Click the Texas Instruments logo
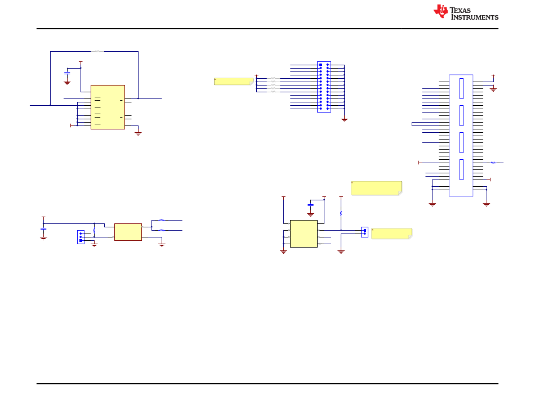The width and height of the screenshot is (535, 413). pyautogui.click(x=465, y=12)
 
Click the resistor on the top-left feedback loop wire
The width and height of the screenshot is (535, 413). pyautogui.click(x=98, y=51)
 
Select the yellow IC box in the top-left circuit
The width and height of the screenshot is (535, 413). pyautogui.click(x=108, y=107)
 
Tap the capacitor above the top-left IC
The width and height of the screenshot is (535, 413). pyautogui.click(x=67, y=73)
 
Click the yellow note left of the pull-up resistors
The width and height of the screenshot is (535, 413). pyautogui.click(x=233, y=81)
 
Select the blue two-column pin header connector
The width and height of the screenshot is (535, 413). pyautogui.click(x=324, y=87)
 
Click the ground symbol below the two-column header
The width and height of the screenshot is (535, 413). pyautogui.click(x=344, y=119)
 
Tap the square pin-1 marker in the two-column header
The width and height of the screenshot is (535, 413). pyautogui.click(x=320, y=65)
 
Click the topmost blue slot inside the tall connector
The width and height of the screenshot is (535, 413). pyautogui.click(x=461, y=88)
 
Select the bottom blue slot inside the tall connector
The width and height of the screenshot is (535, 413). pyautogui.click(x=461, y=169)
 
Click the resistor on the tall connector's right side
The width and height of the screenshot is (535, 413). pyautogui.click(x=493, y=162)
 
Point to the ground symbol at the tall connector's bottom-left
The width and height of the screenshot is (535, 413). pyautogui.click(x=433, y=203)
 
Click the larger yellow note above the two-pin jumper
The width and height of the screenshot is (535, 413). pyautogui.click(x=376, y=188)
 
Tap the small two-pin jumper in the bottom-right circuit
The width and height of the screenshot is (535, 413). pyautogui.click(x=364, y=232)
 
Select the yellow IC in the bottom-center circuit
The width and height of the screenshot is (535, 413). pyautogui.click(x=304, y=234)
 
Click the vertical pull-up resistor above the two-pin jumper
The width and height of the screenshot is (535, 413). pyautogui.click(x=341, y=214)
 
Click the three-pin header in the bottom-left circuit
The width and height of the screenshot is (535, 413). pyautogui.click(x=81, y=237)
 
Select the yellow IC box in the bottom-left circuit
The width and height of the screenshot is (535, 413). pyautogui.click(x=128, y=232)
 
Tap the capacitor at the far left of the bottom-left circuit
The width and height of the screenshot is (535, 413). pyautogui.click(x=43, y=228)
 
